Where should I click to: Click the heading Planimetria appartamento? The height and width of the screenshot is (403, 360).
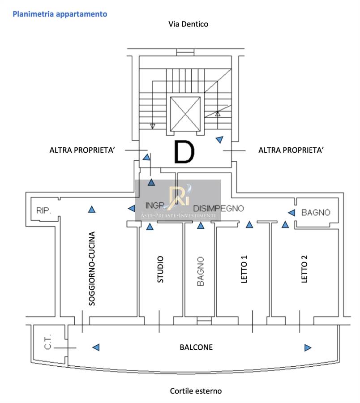[60, 14]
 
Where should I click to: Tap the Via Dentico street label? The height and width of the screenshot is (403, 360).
[188, 24]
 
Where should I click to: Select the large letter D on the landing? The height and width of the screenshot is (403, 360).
[184, 152]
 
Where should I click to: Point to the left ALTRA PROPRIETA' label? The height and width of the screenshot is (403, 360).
[83, 150]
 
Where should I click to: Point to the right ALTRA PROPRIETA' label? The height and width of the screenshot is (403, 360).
[291, 150]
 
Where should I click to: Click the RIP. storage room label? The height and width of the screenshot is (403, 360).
[44, 210]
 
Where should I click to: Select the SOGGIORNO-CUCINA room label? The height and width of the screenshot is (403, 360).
[92, 268]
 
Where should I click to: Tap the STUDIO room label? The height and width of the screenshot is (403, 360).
[160, 269]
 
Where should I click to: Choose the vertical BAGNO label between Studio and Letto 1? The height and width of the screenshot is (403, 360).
[200, 271]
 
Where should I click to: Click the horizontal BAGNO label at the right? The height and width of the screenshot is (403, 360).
[316, 212]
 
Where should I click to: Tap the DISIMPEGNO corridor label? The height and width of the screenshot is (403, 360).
[219, 208]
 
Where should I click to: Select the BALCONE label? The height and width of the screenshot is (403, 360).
[196, 347]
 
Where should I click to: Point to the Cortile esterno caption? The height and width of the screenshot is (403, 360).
[196, 391]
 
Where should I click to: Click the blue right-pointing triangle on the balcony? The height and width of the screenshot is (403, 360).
[308, 347]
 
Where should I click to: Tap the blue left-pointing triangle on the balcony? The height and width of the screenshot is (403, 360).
[96, 347]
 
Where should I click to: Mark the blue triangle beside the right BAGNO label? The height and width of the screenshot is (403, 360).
[292, 212]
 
